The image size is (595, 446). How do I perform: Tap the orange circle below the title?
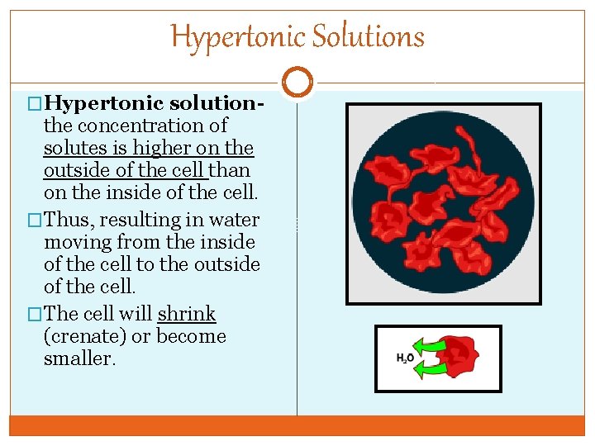(297, 82)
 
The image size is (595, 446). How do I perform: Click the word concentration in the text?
(150, 126)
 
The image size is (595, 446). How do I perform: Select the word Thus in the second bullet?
(68, 221)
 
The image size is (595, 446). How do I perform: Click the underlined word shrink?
(187, 315)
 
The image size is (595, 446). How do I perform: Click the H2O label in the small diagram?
(406, 358)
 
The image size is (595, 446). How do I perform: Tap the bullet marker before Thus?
(34, 221)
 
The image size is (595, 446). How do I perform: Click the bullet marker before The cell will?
(34, 315)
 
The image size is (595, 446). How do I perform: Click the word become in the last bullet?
(191, 337)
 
